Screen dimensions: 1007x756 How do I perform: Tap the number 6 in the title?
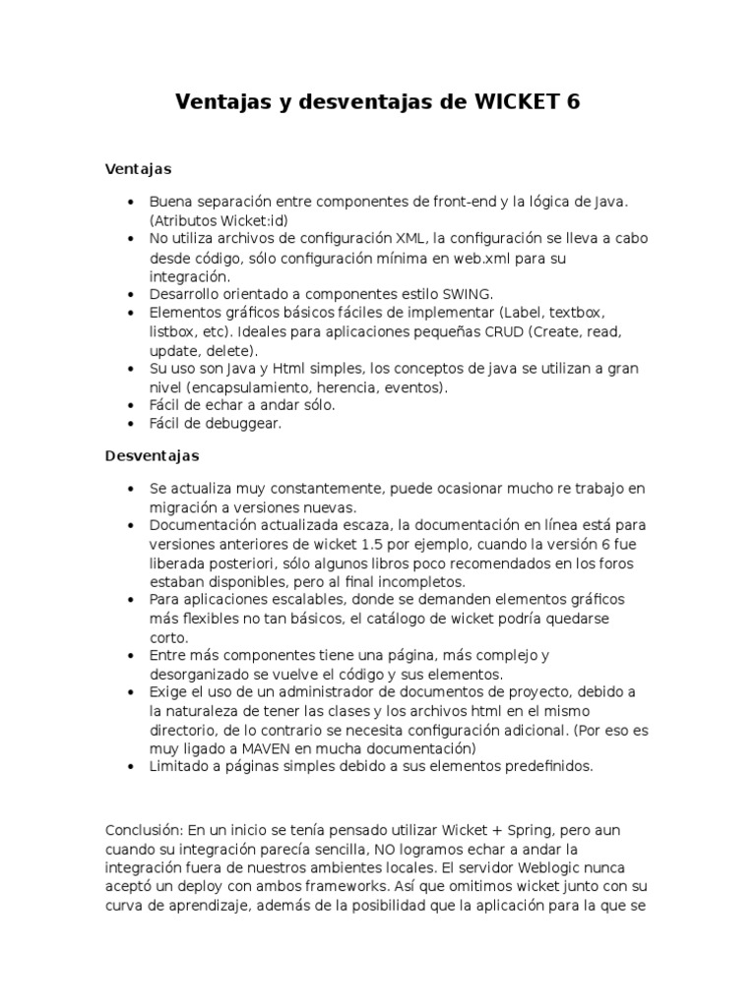574,101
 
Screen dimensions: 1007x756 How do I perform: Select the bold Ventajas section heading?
138,169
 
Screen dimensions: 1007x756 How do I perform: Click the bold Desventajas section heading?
152,455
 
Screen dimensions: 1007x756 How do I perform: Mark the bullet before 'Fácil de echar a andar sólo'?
131,405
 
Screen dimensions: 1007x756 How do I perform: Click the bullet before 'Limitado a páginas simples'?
131,767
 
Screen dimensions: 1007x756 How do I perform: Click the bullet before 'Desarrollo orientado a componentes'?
131,294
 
